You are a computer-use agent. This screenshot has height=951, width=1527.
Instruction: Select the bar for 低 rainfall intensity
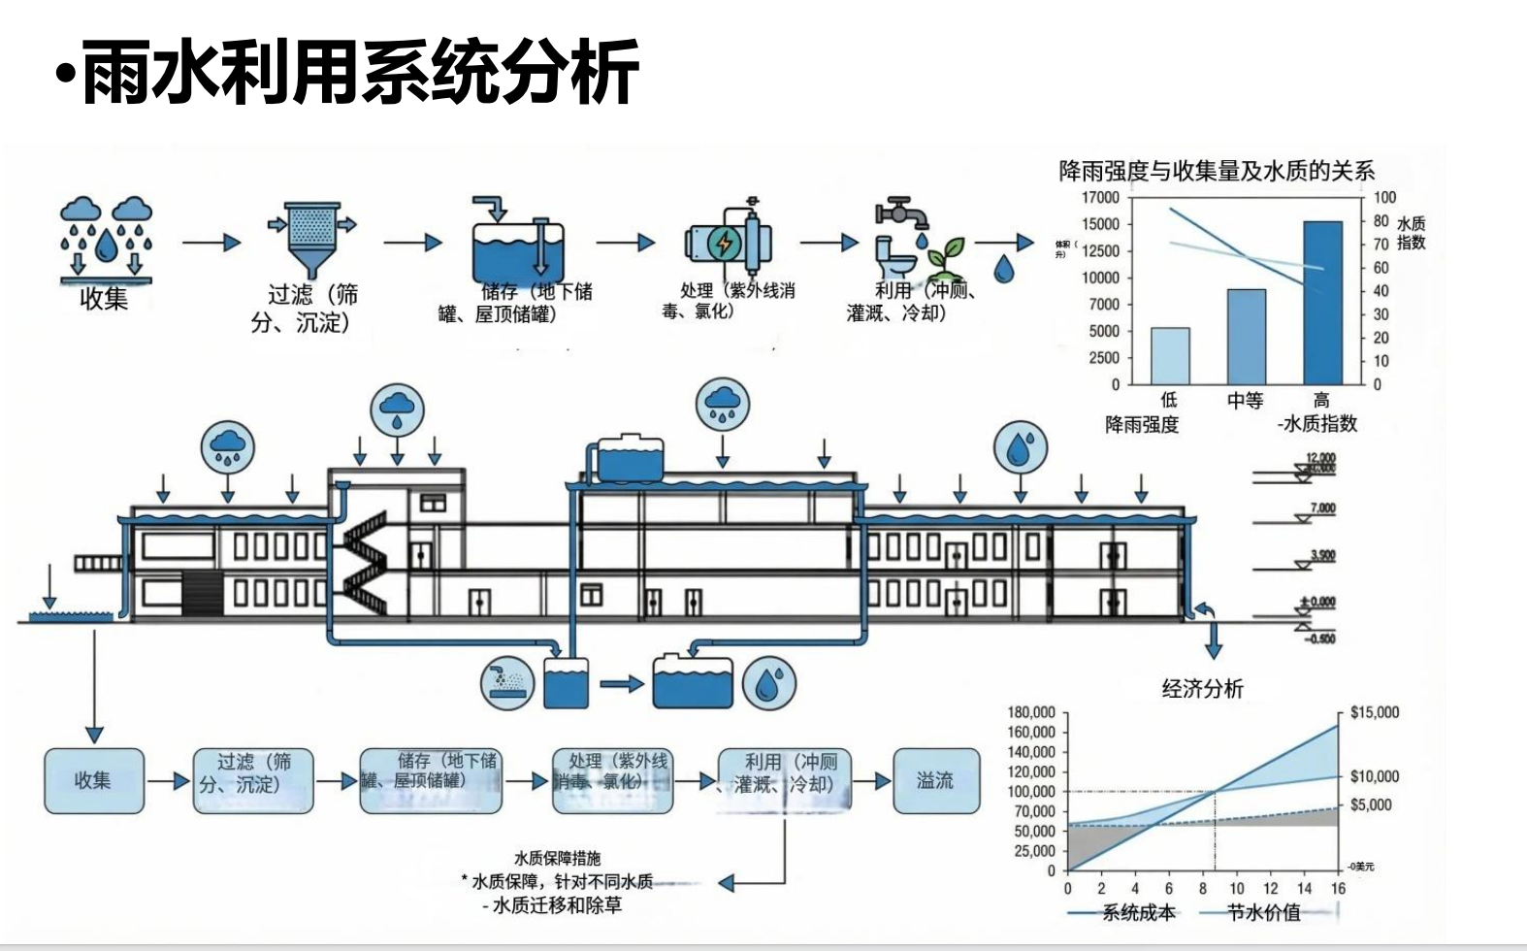click(1170, 356)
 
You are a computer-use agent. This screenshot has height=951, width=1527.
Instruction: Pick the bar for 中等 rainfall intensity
click(1247, 337)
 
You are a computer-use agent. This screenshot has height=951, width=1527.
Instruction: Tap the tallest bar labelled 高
click(1322, 303)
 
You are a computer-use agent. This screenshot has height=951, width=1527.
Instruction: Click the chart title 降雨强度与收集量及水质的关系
click(1217, 172)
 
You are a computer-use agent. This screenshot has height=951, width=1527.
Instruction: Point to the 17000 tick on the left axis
click(1101, 197)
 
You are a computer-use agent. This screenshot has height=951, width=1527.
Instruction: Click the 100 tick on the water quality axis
click(1384, 197)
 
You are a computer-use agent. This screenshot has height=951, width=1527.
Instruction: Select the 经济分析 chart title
click(1203, 689)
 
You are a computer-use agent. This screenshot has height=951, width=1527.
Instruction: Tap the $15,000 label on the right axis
click(1375, 712)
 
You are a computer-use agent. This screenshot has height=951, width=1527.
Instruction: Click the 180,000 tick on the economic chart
click(1031, 712)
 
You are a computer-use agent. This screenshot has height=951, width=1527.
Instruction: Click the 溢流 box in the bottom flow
click(935, 780)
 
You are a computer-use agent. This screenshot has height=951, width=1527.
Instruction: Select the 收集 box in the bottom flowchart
click(93, 780)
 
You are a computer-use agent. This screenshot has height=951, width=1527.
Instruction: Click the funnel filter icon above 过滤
click(311, 238)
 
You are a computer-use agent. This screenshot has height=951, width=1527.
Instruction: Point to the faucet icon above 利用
click(900, 212)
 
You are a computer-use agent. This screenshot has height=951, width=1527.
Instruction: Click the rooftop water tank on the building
click(631, 460)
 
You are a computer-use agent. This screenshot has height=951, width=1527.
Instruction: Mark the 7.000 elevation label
click(1322, 508)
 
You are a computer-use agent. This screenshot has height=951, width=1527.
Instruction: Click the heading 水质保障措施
click(557, 859)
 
